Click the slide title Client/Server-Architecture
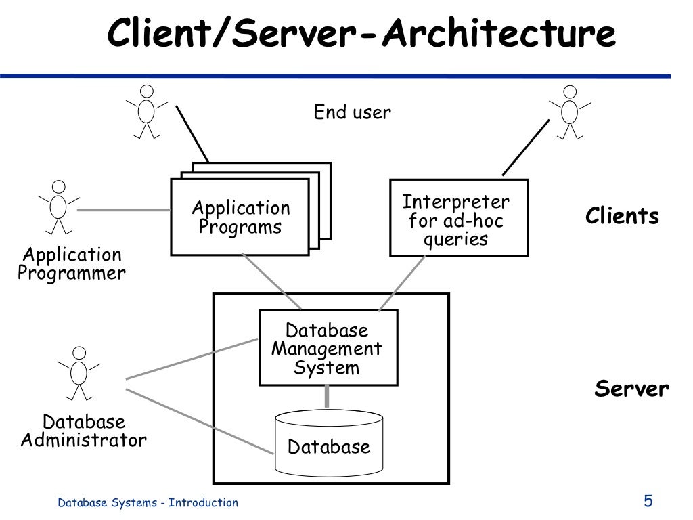pyautogui.click(x=361, y=34)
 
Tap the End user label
pyautogui.click(x=352, y=112)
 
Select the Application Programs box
pyautogui.click(x=240, y=217)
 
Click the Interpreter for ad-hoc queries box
pyautogui.click(x=458, y=218)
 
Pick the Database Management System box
pyautogui.click(x=328, y=348)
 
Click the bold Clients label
pyautogui.click(x=621, y=217)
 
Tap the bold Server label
pyautogui.click(x=631, y=389)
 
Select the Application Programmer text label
pyautogui.click(x=71, y=264)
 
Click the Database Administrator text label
pyautogui.click(x=83, y=431)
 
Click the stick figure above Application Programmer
pyautogui.click(x=59, y=206)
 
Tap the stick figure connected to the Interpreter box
pyautogui.click(x=570, y=111)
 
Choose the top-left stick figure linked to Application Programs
pyautogui.click(x=147, y=111)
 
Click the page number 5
pyautogui.click(x=648, y=501)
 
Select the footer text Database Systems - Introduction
pyautogui.click(x=148, y=502)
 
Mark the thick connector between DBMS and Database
pyautogui.click(x=328, y=396)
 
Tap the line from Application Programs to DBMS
pyautogui.click(x=271, y=282)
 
